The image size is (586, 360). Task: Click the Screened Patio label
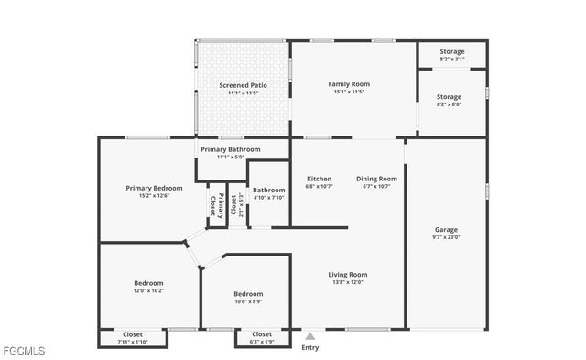tap(243, 85)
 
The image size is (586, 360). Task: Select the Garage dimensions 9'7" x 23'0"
tap(446, 237)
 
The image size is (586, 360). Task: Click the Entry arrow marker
tap(310, 336)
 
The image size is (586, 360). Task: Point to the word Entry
tap(310, 347)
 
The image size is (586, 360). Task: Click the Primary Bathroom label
tap(231, 149)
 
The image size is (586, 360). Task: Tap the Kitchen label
tap(319, 179)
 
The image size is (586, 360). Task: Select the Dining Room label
tap(376, 179)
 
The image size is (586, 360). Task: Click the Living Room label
tap(348, 274)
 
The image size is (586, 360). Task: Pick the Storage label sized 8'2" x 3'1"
tap(451, 52)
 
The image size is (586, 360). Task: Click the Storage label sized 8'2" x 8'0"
tap(449, 96)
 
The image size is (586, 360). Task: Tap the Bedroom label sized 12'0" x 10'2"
tap(148, 283)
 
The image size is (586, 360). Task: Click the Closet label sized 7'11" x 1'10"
tap(132, 333)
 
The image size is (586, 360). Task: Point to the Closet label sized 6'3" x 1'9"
tap(262, 333)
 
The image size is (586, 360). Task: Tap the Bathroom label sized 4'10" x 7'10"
tap(268, 190)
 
